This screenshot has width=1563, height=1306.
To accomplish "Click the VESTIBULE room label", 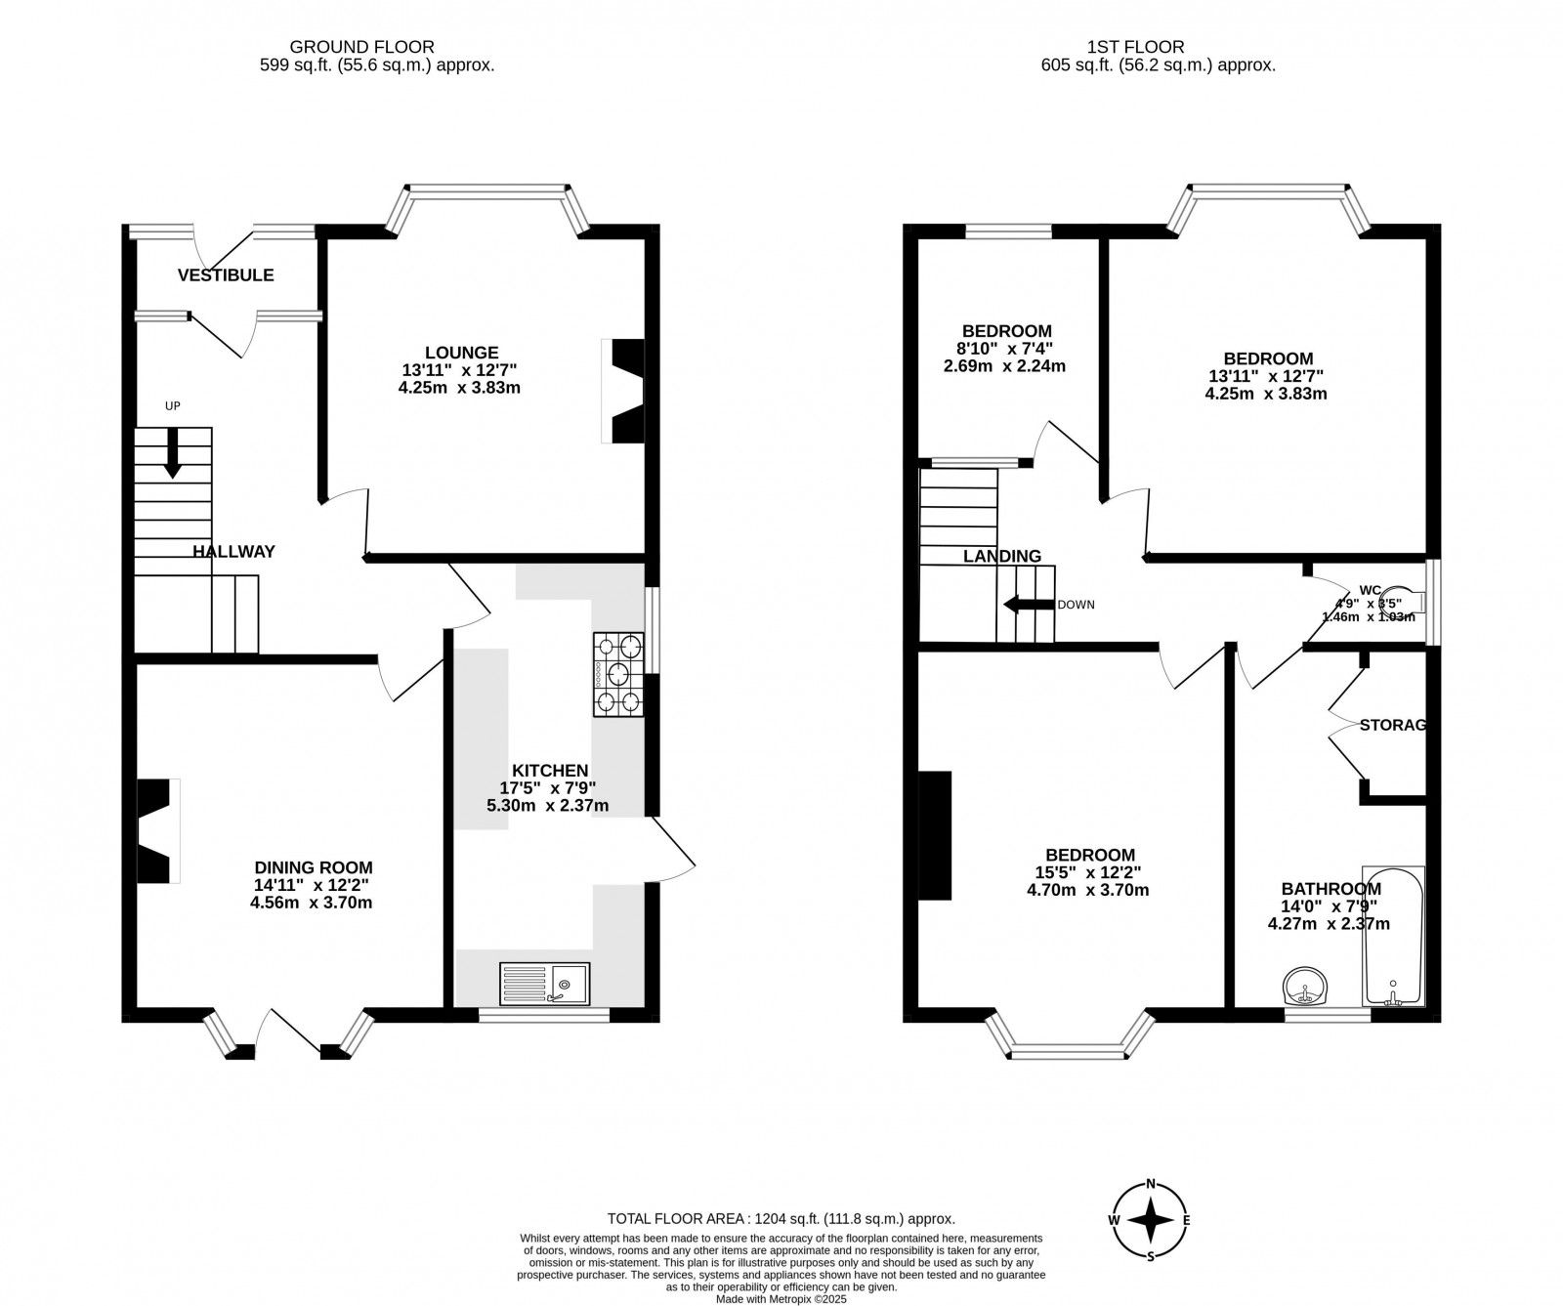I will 226,275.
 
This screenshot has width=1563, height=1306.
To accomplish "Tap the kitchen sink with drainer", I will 545,984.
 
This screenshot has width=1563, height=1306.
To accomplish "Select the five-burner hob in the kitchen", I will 618,674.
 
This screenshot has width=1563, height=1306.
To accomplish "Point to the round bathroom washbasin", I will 1303,987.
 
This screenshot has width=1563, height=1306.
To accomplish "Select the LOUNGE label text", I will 462,353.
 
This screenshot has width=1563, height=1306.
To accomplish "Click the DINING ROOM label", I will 314,867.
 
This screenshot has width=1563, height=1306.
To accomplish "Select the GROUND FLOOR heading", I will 362,47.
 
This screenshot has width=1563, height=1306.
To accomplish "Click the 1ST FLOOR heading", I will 1135,47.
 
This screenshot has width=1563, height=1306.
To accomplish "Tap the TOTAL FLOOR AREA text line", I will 781,1218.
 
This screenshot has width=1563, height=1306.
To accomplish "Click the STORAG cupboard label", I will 1393,725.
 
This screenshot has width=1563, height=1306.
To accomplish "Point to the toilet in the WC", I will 1404,603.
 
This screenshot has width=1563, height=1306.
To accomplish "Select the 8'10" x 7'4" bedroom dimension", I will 1006,349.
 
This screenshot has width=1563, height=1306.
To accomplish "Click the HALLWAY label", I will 233,552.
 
